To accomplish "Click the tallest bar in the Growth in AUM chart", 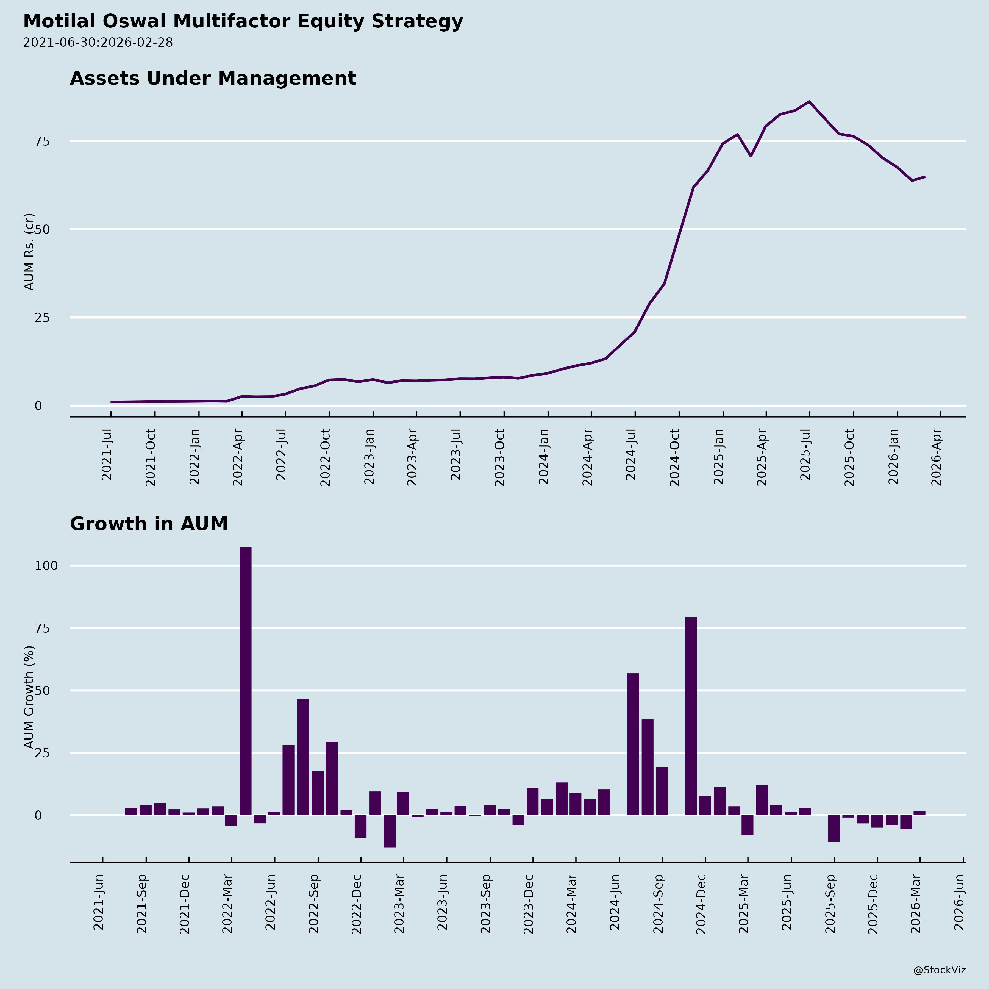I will point(245,681).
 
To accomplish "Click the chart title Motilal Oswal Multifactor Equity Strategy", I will point(243,21).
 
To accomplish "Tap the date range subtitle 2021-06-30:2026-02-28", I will point(98,43).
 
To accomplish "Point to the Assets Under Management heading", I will point(213,78).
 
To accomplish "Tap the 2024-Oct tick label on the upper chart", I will point(675,457).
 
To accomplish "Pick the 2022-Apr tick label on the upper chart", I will point(238,457).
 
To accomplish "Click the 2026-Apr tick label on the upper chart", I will point(937,457).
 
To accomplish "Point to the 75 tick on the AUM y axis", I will point(42,141).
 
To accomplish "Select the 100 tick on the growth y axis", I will point(46,566).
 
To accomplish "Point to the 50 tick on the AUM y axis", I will point(42,229).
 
